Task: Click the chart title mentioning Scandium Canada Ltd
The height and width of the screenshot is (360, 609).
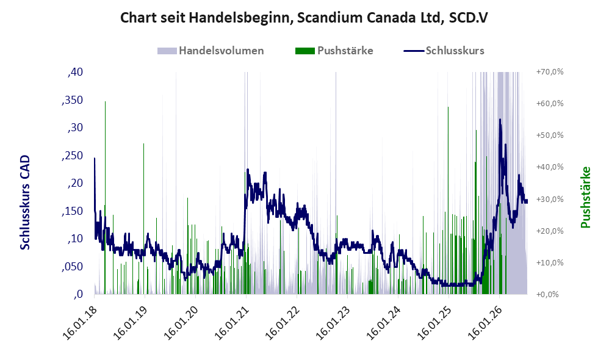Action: [x=304, y=18]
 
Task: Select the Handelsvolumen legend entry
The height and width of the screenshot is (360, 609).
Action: [x=211, y=51]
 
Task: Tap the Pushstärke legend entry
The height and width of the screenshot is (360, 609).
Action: [x=334, y=51]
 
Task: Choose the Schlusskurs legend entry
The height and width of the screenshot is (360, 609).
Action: [x=444, y=51]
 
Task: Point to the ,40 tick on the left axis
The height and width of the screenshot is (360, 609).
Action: [x=75, y=72]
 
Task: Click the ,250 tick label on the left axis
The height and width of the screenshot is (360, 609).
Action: [x=72, y=156]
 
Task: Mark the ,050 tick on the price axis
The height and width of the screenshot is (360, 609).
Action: [x=72, y=267]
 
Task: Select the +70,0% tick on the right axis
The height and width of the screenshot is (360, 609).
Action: [x=550, y=72]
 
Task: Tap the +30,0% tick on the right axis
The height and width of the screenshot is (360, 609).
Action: [x=550, y=200]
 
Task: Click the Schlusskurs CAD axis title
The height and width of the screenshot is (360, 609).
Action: [x=25, y=203]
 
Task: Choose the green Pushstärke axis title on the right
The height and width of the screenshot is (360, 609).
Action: [x=585, y=197]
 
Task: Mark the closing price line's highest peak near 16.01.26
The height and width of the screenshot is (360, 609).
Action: [x=500, y=120]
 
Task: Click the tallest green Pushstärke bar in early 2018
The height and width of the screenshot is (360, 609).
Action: [x=105, y=197]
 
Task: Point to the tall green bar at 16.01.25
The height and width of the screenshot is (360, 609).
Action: [x=448, y=200]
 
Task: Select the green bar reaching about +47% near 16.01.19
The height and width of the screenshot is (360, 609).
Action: [x=143, y=218]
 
